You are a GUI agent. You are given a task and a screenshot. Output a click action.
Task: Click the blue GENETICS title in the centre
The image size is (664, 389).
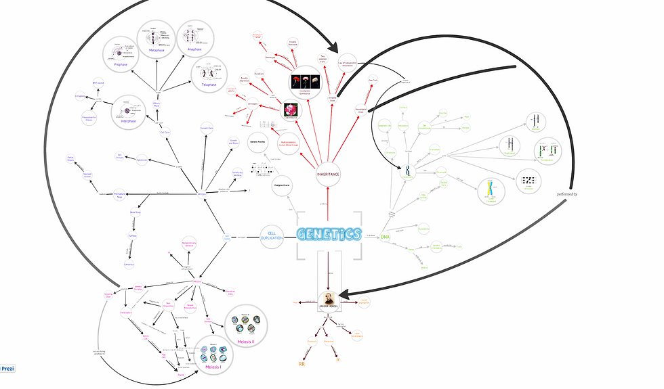(x=329, y=234)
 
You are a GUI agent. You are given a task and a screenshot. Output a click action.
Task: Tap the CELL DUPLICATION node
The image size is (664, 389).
(x=272, y=237)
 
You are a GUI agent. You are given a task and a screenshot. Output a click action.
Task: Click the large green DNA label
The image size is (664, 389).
(x=385, y=237)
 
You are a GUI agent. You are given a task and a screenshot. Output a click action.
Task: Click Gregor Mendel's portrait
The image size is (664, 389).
(x=329, y=299)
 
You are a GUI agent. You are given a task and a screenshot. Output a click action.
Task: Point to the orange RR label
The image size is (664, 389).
(x=302, y=364)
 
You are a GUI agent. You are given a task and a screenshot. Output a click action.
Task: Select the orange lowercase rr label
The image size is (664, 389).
(x=337, y=360)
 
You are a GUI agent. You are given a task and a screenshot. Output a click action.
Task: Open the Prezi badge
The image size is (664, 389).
(x=7, y=369)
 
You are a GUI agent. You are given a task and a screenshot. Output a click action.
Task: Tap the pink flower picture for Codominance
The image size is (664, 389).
(x=291, y=110)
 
